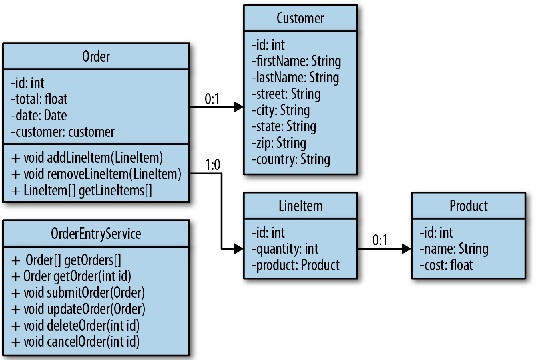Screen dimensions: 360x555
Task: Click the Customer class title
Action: [x=299, y=18]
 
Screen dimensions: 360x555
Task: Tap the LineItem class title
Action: [x=300, y=207]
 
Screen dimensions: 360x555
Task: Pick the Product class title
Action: [x=468, y=207]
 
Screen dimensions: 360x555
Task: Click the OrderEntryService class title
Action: [x=97, y=234]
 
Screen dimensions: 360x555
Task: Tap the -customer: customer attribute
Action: [x=62, y=131]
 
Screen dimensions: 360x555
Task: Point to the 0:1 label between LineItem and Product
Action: [x=377, y=240]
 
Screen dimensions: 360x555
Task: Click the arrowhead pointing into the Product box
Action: [x=405, y=251]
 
